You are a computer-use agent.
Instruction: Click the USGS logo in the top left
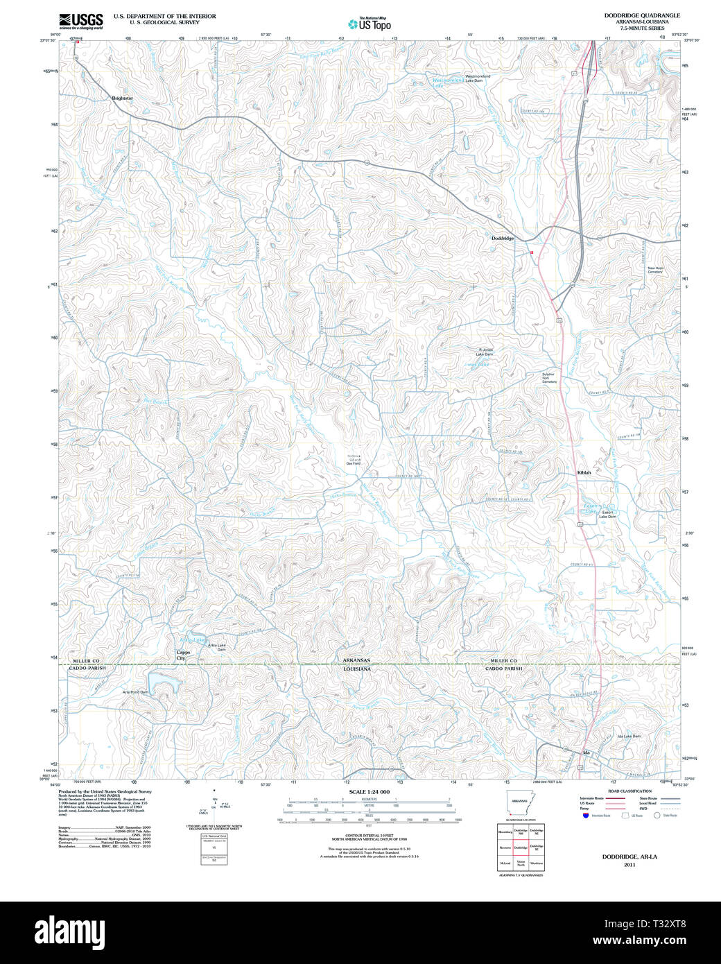(x=81, y=21)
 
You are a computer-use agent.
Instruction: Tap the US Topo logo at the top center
(x=370, y=24)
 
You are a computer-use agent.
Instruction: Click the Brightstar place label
(x=122, y=98)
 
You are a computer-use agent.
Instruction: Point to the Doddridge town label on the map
(x=503, y=238)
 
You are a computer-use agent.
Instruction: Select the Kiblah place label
(x=584, y=472)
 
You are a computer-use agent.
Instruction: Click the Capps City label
(x=183, y=655)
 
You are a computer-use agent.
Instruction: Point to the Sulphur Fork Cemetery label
(x=549, y=378)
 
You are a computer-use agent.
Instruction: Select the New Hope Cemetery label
(x=655, y=270)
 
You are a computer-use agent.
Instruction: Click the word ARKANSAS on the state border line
(x=356, y=660)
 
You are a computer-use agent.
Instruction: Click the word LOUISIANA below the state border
(x=356, y=669)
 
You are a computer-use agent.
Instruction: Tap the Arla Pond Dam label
(x=135, y=692)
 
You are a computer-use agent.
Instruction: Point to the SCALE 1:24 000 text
(x=369, y=792)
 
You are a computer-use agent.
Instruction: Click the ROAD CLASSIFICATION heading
(x=629, y=791)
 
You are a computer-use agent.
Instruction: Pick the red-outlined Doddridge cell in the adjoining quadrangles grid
(x=521, y=847)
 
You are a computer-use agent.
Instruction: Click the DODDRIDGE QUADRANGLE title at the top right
(x=641, y=15)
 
